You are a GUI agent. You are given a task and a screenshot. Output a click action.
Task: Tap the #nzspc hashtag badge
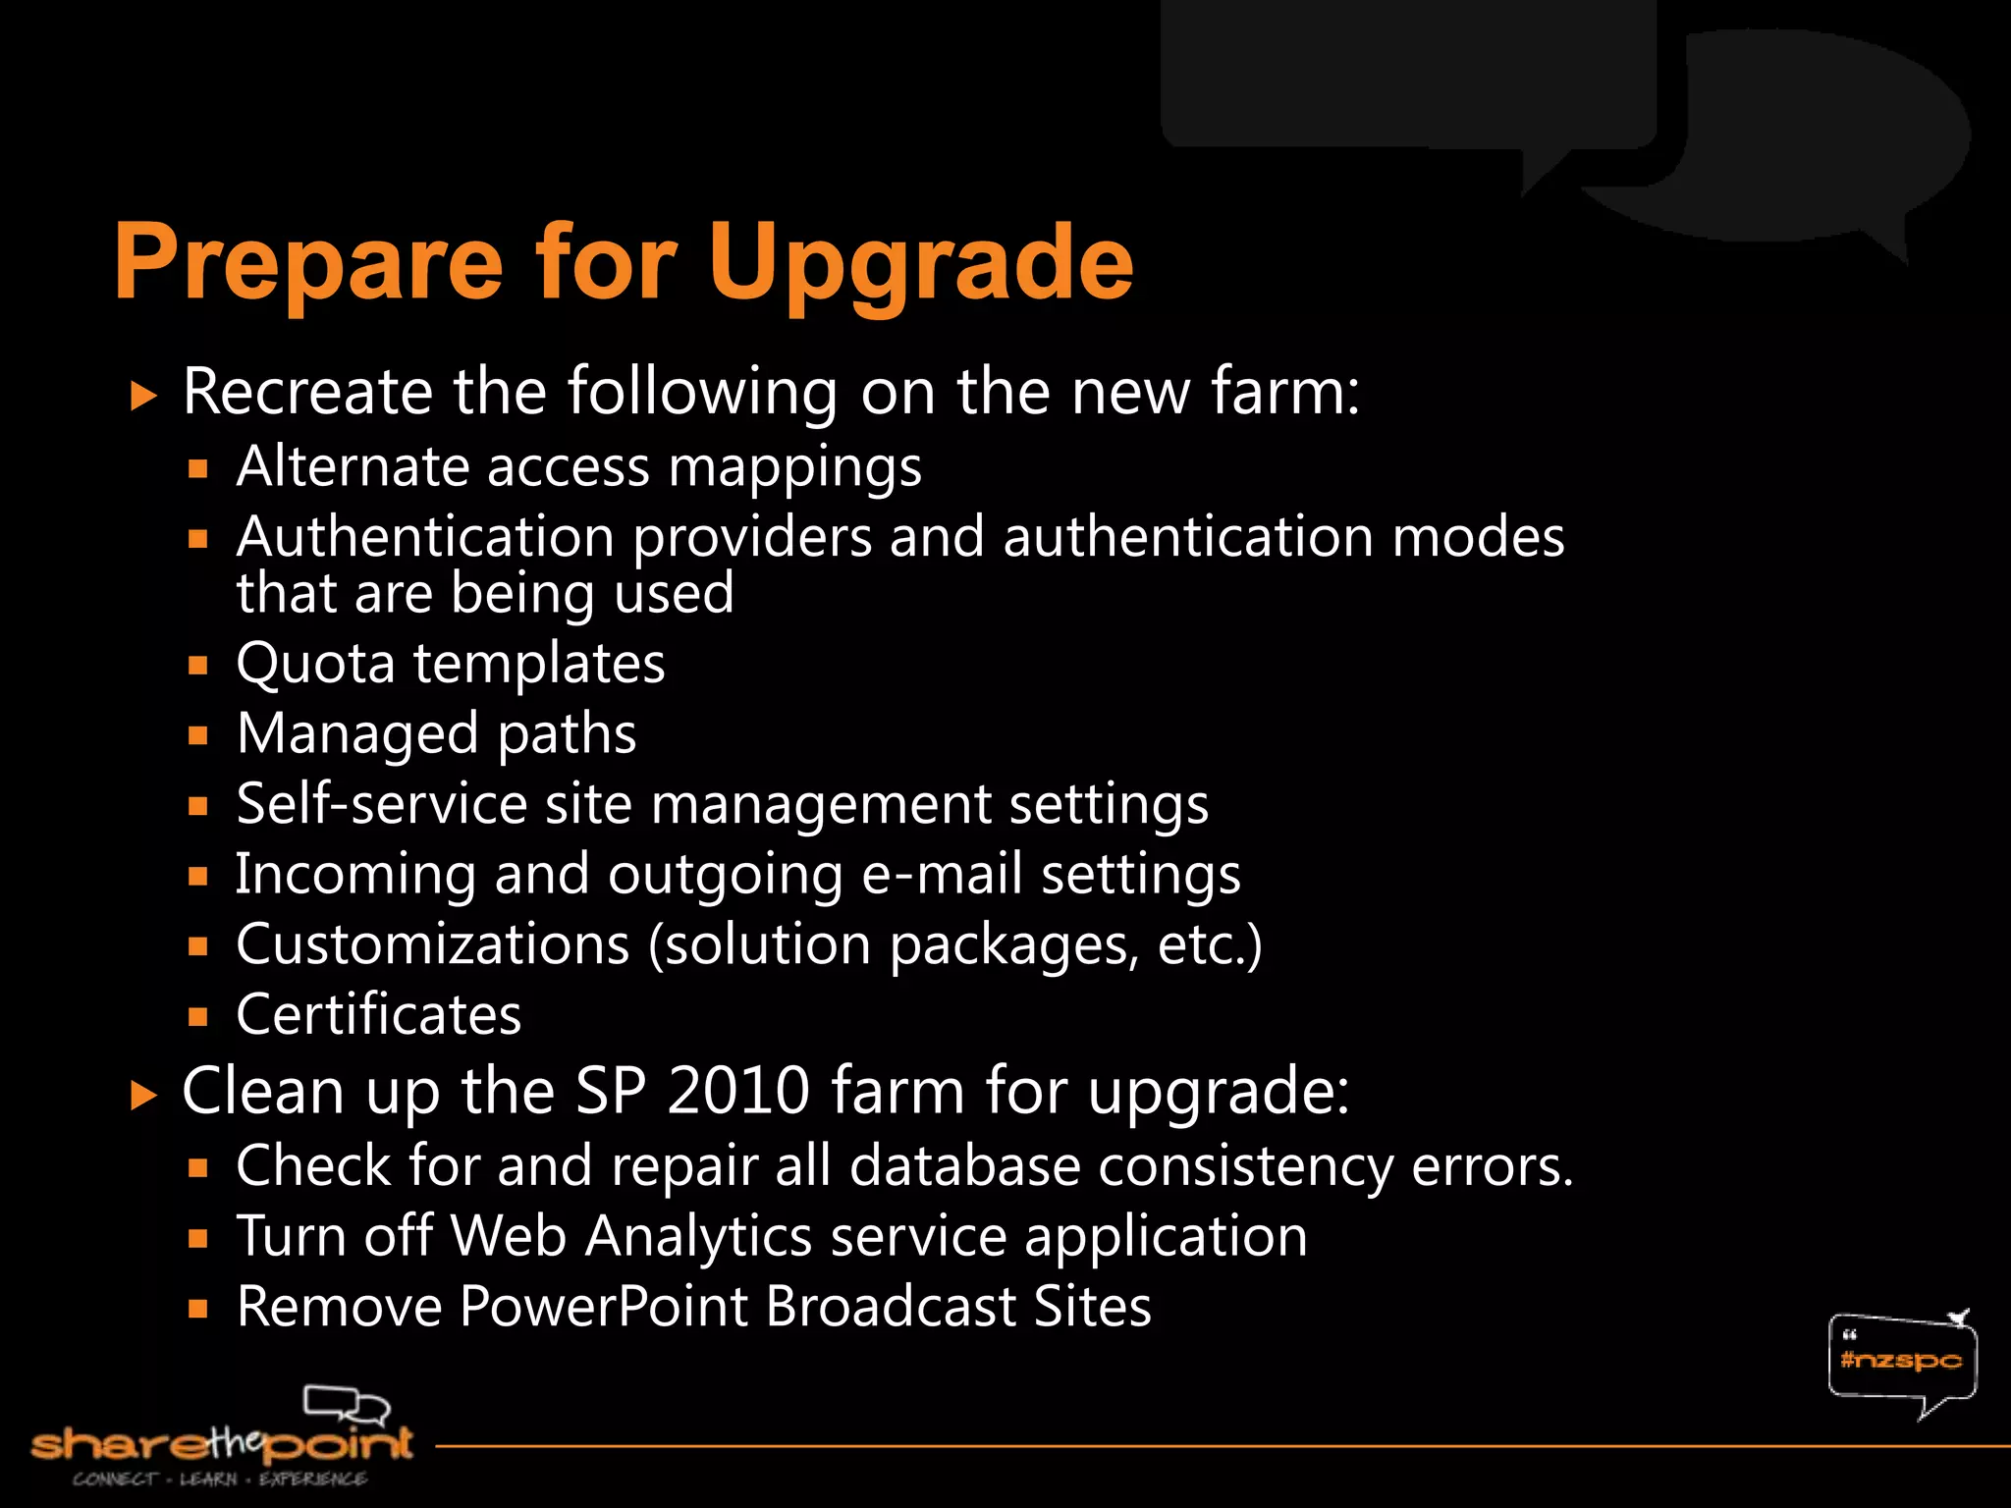click(x=1901, y=1361)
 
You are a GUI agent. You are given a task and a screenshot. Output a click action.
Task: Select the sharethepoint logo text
click(x=222, y=1444)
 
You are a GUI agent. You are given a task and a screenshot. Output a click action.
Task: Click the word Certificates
click(x=379, y=1014)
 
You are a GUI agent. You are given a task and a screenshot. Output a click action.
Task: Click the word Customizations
click(x=433, y=944)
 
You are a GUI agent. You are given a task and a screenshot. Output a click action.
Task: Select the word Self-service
click(x=382, y=804)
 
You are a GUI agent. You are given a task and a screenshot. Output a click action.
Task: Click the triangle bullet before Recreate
click(x=143, y=397)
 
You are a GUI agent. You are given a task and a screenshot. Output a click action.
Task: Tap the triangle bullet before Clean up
click(x=143, y=1096)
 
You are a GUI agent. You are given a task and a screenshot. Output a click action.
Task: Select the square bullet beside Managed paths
click(x=199, y=735)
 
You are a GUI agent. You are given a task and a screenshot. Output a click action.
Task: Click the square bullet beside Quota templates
click(x=199, y=666)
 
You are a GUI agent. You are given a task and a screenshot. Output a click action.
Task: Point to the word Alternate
click(x=353, y=466)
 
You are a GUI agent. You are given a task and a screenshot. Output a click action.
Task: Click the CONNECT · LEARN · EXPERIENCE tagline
click(x=220, y=1479)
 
